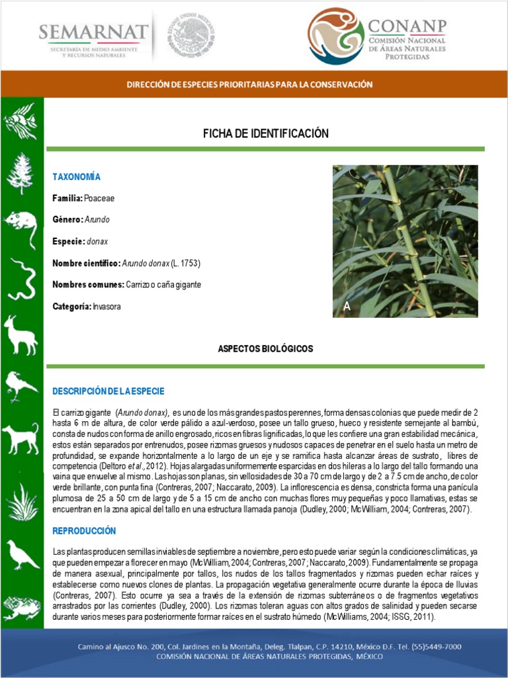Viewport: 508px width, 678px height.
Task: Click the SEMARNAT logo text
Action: [93, 32]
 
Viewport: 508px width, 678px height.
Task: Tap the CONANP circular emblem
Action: [336, 36]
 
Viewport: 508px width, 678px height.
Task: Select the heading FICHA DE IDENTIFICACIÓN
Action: [265, 134]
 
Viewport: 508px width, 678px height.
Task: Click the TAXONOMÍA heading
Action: [77, 177]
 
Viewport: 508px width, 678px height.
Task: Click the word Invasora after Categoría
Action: [106, 307]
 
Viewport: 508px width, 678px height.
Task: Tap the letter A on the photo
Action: [347, 307]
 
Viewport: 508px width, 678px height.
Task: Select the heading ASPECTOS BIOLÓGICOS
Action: [265, 349]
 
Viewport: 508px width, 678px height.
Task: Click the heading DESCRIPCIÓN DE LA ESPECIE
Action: [108, 391]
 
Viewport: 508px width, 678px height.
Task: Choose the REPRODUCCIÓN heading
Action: [84, 531]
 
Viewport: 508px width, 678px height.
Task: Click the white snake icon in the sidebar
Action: [21, 279]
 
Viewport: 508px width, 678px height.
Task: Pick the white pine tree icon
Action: [21, 173]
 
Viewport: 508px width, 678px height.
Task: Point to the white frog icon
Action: [21, 606]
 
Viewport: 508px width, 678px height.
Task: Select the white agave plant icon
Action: [21, 501]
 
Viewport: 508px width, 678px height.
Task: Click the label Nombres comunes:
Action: [88, 285]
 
